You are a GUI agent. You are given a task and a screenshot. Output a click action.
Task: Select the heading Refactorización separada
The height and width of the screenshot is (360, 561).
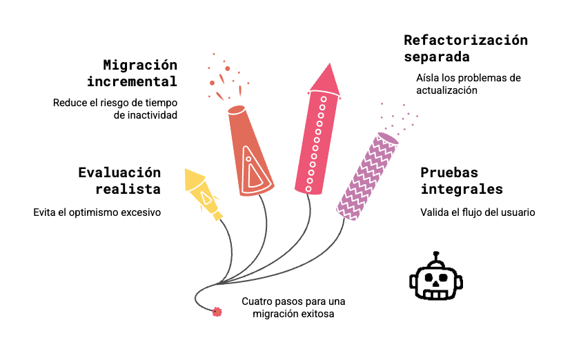(x=466, y=48)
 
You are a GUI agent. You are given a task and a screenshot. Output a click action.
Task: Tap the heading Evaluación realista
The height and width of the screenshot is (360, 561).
(x=119, y=180)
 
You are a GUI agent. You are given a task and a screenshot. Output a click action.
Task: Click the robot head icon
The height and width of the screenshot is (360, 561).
(x=436, y=278)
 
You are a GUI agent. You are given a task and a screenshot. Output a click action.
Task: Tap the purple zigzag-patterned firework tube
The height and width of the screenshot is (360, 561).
(x=367, y=176)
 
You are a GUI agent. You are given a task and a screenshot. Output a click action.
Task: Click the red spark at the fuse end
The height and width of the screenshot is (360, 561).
(x=217, y=312)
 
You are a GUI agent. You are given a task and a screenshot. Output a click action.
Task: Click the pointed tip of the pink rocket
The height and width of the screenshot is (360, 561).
(x=329, y=68)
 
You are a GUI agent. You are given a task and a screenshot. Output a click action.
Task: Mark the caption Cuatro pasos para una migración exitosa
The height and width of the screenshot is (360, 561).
(x=293, y=308)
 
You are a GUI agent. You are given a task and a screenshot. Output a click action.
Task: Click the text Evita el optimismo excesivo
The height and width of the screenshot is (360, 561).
(x=97, y=212)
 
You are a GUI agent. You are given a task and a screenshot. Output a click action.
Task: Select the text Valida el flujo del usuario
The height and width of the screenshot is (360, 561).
(x=478, y=212)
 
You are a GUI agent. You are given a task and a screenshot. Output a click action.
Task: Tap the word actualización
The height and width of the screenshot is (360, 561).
(x=447, y=90)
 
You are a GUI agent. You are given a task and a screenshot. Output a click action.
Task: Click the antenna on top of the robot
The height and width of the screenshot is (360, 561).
(x=436, y=257)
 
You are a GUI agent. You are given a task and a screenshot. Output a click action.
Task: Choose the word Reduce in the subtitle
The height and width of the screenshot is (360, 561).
(x=68, y=102)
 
